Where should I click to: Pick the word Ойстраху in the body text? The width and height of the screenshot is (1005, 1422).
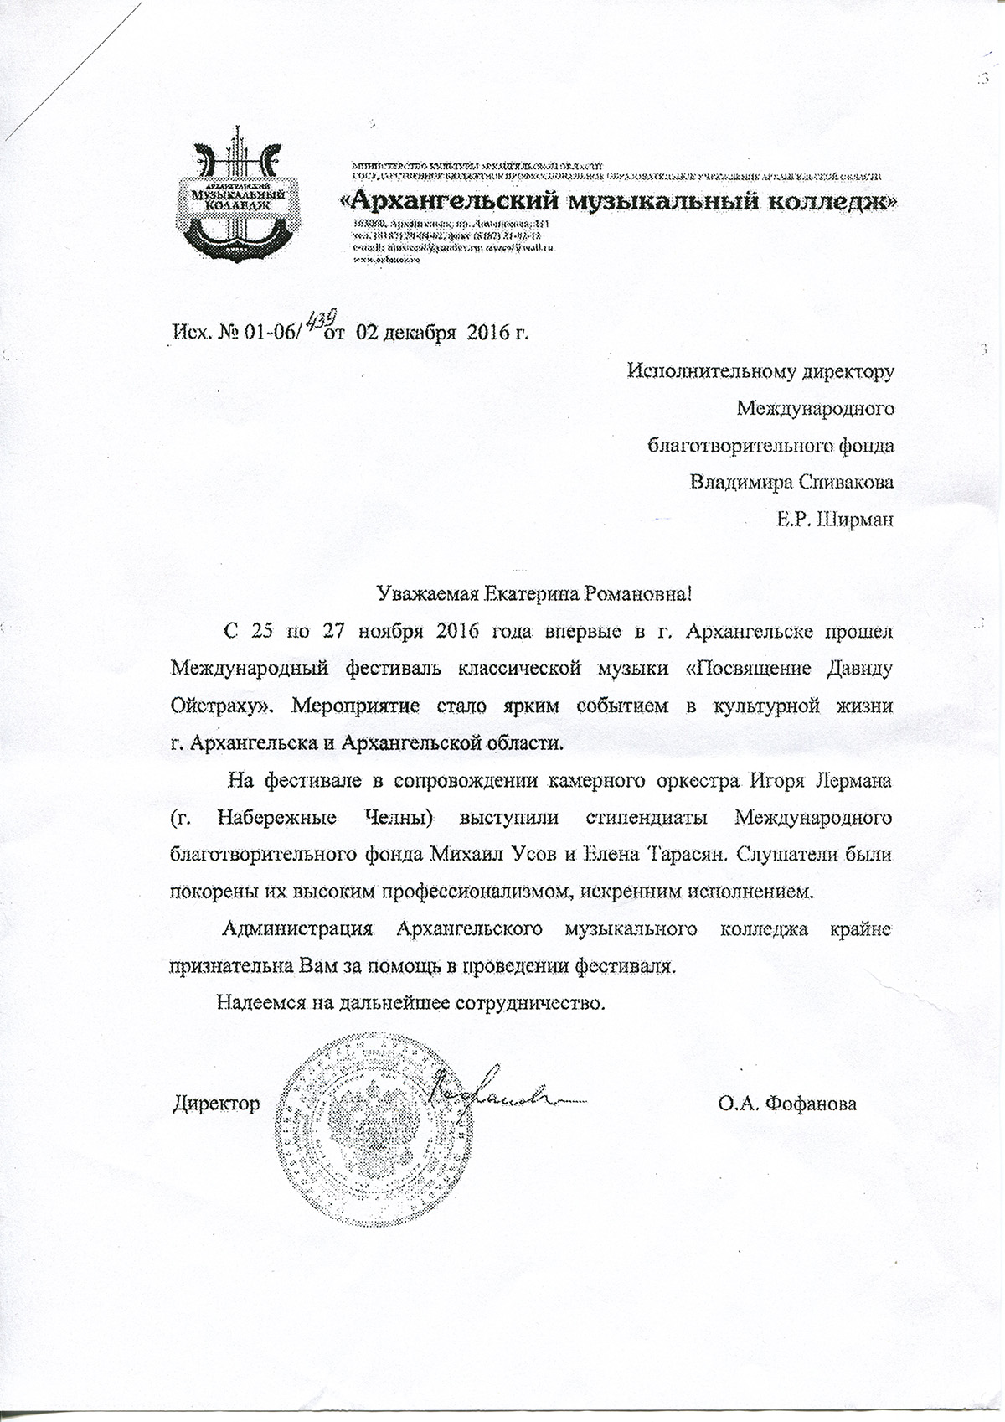tap(219, 706)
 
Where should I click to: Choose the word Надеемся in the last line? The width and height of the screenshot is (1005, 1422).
tap(256, 1002)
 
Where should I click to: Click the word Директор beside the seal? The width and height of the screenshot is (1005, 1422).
tap(216, 1104)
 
